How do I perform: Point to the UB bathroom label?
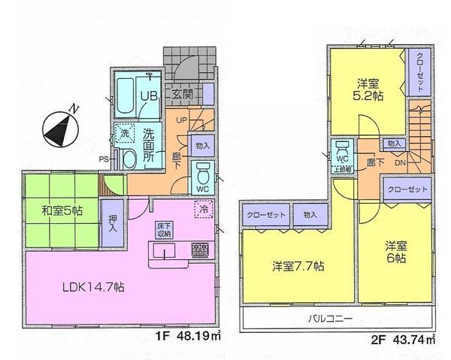150,96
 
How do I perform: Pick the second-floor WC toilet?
342,153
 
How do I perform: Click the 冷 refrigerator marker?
201,211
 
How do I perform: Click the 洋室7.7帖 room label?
298,265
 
